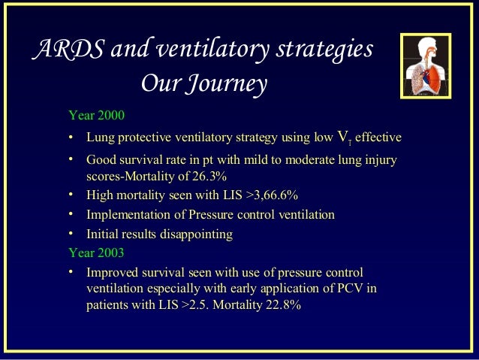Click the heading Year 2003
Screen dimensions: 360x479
[96, 253]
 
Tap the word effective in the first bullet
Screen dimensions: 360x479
[378, 138]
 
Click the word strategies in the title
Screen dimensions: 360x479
[326, 50]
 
